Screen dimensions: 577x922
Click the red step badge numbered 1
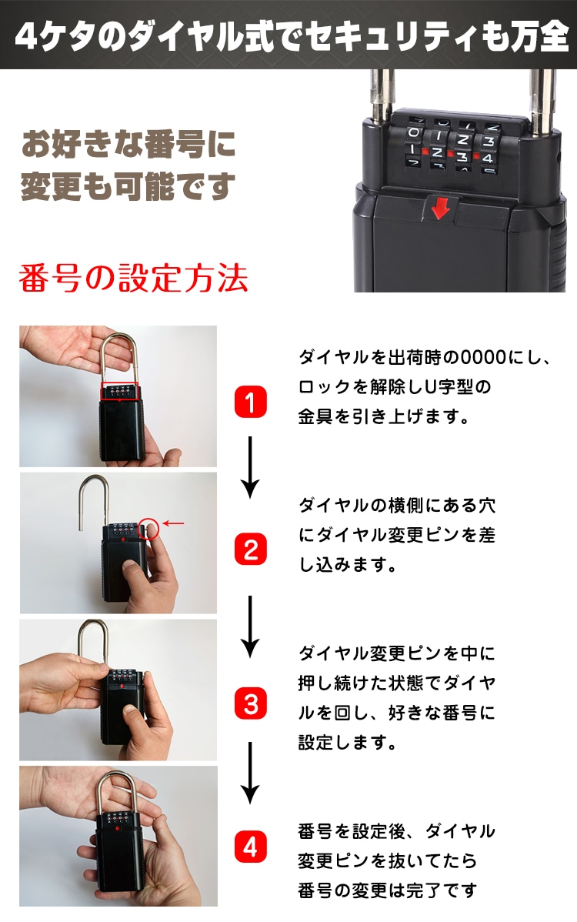(x=250, y=403)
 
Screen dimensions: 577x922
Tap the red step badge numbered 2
(x=250, y=550)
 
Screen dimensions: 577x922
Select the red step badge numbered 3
(x=250, y=704)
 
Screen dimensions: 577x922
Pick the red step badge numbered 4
(x=250, y=847)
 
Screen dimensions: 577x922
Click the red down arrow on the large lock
(x=441, y=208)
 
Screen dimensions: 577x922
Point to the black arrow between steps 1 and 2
(x=250, y=467)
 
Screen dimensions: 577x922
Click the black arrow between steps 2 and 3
(x=250, y=626)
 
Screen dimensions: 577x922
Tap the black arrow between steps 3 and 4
(x=250, y=773)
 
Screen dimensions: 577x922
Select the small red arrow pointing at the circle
(x=173, y=523)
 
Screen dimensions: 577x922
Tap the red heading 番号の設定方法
(x=133, y=278)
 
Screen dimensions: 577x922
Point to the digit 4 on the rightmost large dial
(x=487, y=159)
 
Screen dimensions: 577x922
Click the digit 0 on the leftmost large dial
(x=414, y=132)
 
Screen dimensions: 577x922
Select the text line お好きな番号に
(x=128, y=144)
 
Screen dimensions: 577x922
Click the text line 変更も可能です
(x=128, y=186)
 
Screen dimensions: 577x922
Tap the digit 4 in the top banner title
(x=26, y=36)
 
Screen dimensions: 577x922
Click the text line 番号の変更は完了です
(x=387, y=890)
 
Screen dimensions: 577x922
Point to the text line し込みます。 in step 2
(x=348, y=564)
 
